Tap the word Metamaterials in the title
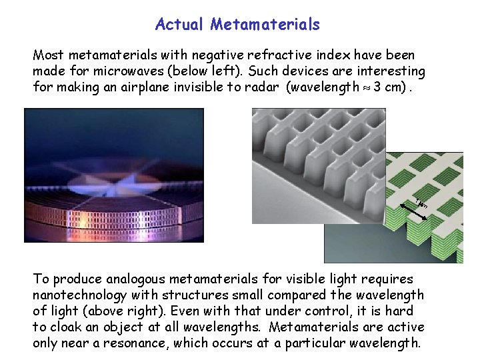265,25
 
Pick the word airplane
163,87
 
